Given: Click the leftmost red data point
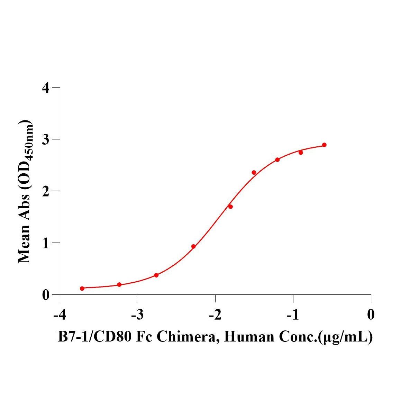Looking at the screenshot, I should click(82, 288).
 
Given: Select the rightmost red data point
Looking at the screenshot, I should click(324, 145).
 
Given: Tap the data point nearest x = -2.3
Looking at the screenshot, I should click(193, 246).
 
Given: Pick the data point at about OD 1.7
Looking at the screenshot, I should click(230, 207).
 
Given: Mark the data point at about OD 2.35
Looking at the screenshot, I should click(254, 173).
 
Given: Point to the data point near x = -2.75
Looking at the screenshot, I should click(156, 275).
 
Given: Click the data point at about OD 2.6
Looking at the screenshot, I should click(277, 160).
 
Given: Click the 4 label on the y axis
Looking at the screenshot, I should click(46, 88).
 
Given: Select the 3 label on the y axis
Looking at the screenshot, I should click(46, 139).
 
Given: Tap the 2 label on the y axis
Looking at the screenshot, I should click(46, 191).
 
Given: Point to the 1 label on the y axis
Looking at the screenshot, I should click(46, 243).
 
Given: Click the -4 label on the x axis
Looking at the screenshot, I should click(60, 315).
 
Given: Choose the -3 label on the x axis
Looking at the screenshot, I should click(137, 315).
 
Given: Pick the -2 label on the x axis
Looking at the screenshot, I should click(215, 315).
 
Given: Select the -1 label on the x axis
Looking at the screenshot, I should click(293, 315).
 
